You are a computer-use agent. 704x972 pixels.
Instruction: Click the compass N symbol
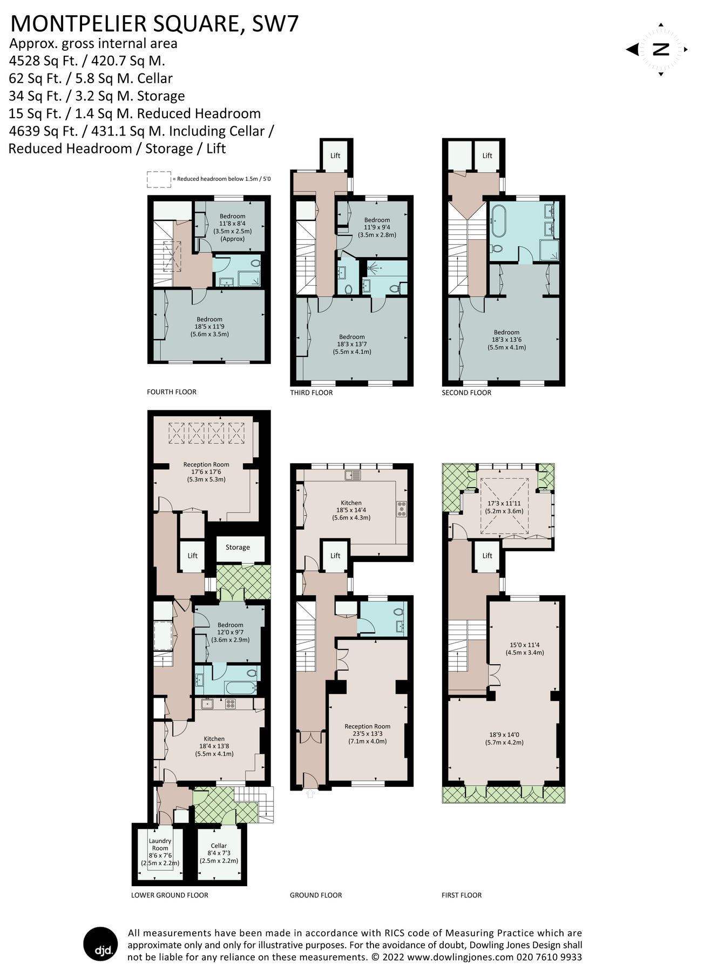pyautogui.click(x=661, y=50)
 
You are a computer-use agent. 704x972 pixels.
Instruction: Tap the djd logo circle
pyautogui.click(x=100, y=944)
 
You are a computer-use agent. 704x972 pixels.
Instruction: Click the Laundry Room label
pyautogui.click(x=160, y=844)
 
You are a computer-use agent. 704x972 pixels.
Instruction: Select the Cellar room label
pyautogui.click(x=219, y=846)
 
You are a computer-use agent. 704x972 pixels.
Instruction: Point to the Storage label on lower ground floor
pyautogui.click(x=238, y=547)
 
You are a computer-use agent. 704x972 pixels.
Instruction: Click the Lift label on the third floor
pyautogui.click(x=335, y=156)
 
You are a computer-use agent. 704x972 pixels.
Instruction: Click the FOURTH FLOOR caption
pyautogui.click(x=172, y=391)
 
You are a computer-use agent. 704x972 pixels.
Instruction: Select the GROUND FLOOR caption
pyautogui.click(x=316, y=895)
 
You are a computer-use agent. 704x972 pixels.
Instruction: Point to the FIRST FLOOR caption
pyautogui.click(x=462, y=895)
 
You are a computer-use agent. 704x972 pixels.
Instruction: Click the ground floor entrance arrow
pyautogui.click(x=310, y=793)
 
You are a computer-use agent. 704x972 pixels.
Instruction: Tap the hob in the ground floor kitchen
pyautogui.click(x=402, y=509)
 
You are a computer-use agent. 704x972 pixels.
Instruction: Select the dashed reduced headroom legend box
pyautogui.click(x=159, y=179)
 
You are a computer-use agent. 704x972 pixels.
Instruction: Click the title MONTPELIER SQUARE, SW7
pyautogui.click(x=154, y=24)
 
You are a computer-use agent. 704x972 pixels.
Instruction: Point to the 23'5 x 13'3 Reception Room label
pyautogui.click(x=367, y=733)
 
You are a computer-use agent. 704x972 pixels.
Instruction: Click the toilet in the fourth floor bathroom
pyautogui.click(x=255, y=263)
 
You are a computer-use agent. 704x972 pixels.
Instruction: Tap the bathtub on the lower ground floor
pyautogui.click(x=240, y=687)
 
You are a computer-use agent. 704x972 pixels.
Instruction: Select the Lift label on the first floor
pyautogui.click(x=488, y=555)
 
